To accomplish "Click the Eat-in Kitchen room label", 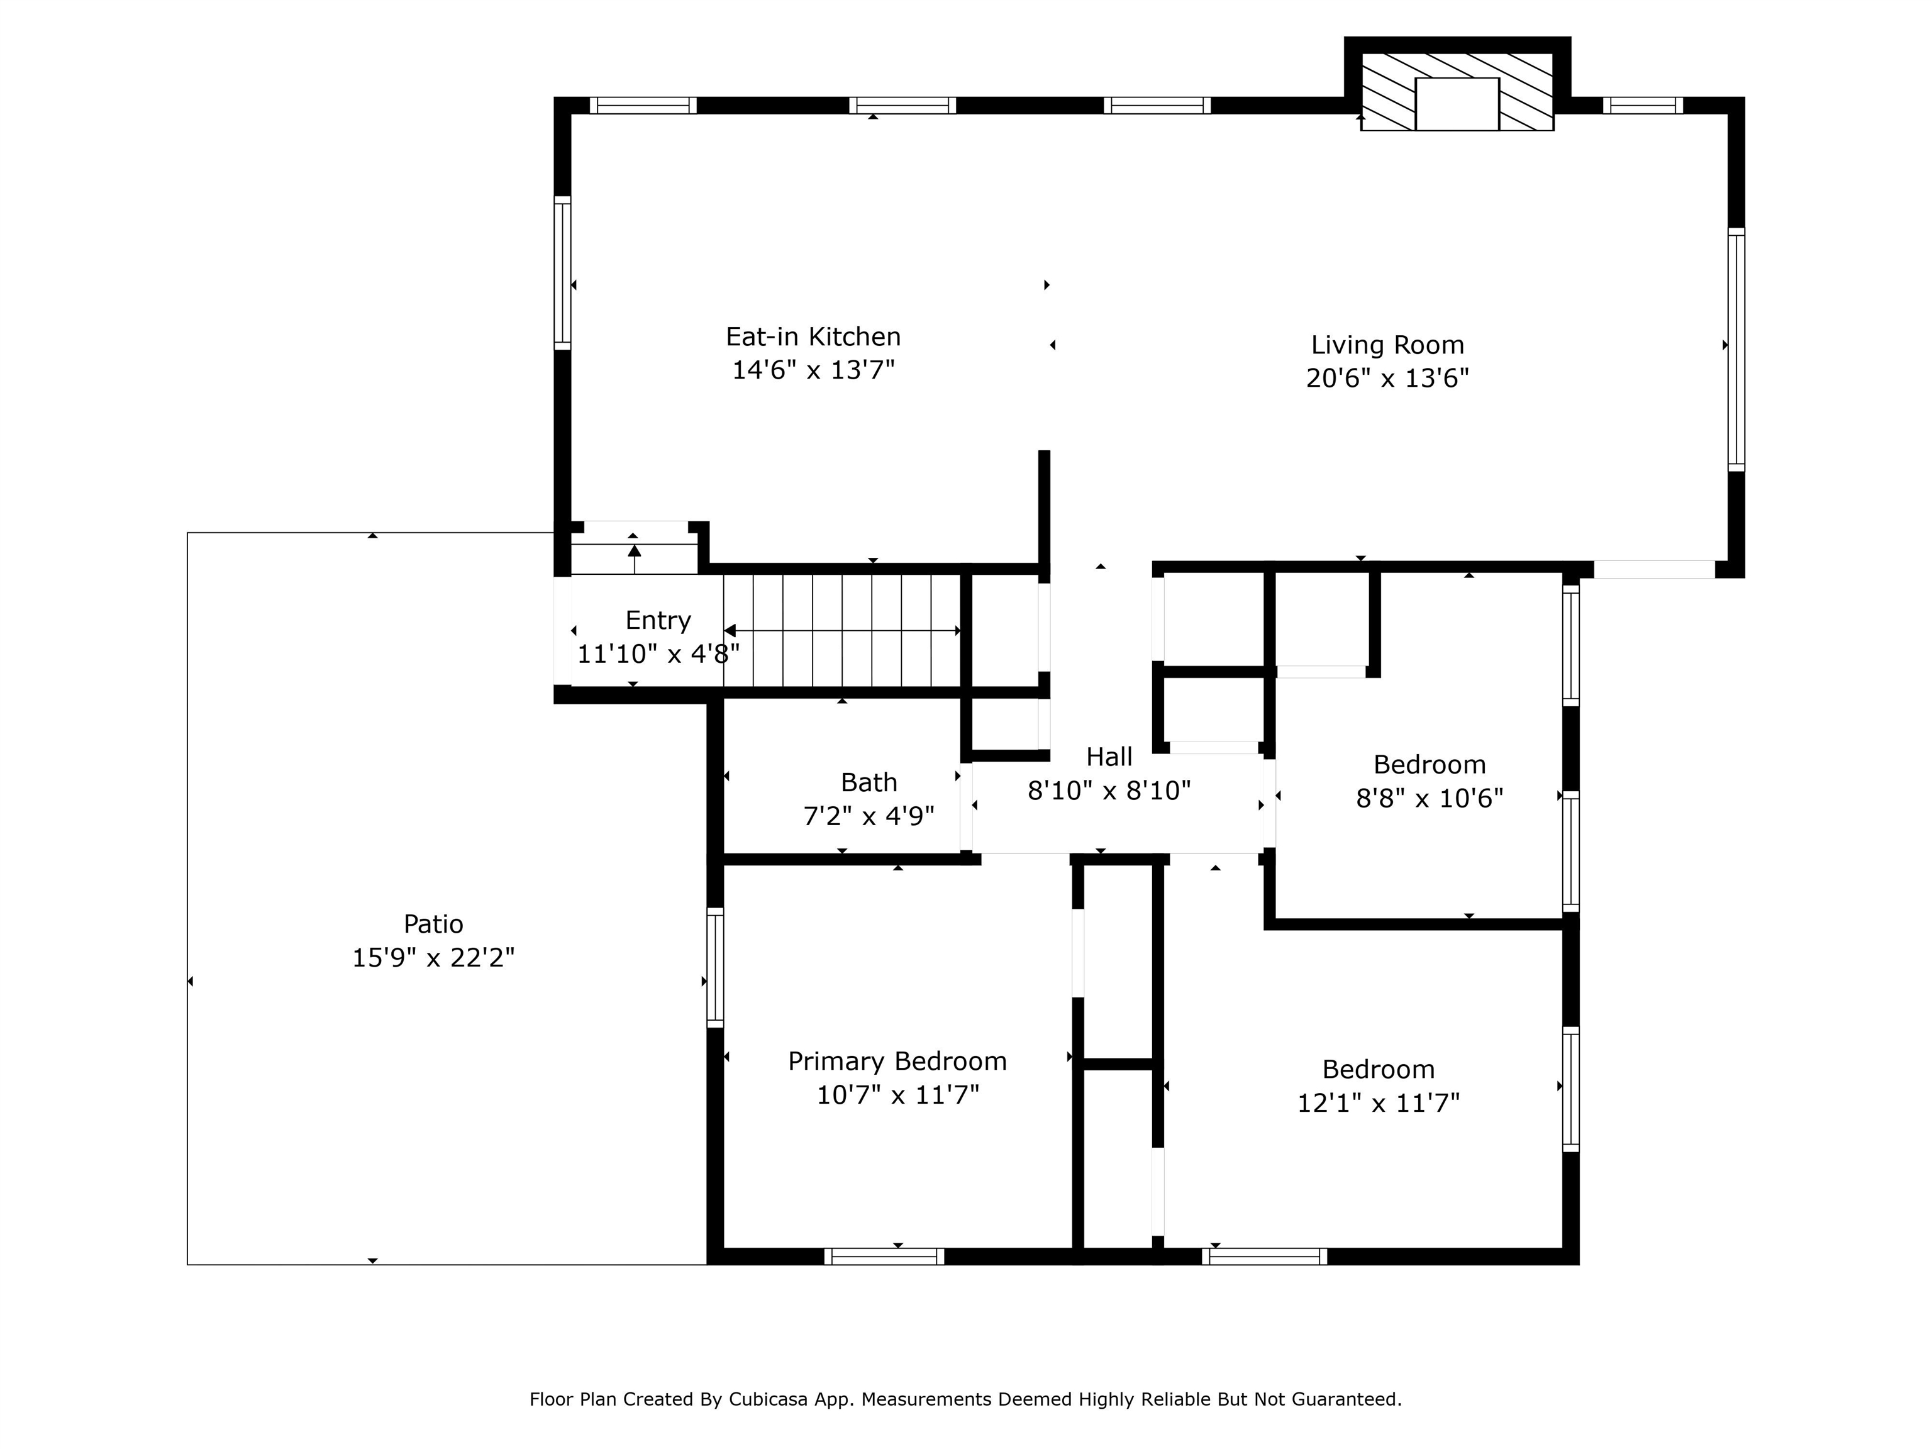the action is click(813, 336).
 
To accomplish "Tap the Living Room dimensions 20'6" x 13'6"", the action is click(1388, 378).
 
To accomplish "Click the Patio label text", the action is click(433, 923).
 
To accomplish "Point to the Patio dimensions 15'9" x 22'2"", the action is click(433, 958).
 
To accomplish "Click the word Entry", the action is click(658, 621).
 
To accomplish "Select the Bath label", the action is click(869, 782).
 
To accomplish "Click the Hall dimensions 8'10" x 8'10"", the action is click(1109, 791).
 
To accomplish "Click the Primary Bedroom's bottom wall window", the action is click(884, 1256).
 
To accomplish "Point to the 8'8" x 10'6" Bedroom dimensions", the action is click(1430, 798).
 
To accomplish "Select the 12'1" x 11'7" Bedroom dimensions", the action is click(1379, 1103).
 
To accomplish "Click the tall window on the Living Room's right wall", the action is click(1736, 350).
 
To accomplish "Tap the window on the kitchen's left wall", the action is click(562, 272).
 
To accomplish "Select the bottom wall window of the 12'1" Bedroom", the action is click(1264, 1256).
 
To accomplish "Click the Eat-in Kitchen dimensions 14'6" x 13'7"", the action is click(813, 370).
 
